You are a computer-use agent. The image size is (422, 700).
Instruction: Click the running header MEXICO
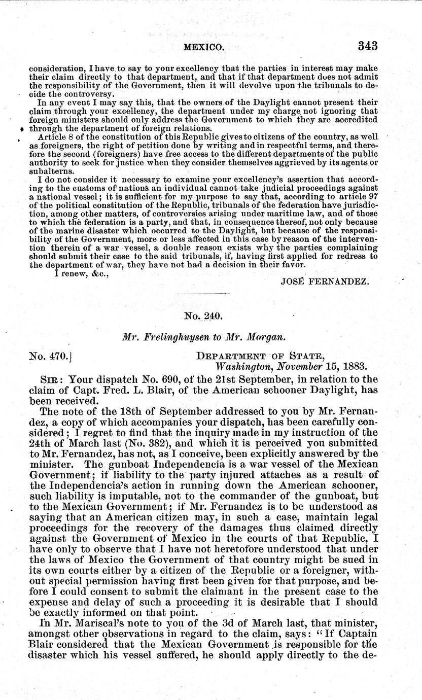click(x=203, y=47)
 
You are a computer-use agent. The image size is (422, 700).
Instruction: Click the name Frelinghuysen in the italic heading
click(x=175, y=337)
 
